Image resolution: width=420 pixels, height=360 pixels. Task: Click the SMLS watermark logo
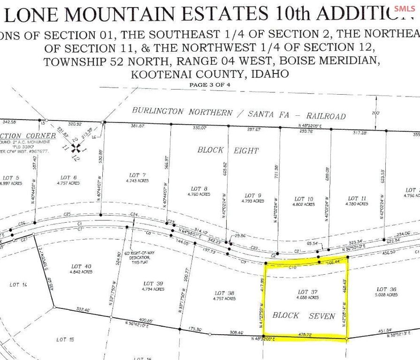point(405,8)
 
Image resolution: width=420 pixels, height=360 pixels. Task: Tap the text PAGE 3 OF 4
point(210,85)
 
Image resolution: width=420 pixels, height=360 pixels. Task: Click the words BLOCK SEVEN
point(304,315)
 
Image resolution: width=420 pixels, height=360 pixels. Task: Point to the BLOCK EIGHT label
point(228,150)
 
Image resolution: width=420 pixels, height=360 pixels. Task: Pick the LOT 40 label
point(81,266)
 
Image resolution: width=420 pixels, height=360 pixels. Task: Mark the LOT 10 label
point(304,199)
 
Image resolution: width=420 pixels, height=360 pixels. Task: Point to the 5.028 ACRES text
point(387,295)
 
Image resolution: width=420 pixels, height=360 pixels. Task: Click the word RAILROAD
point(326,116)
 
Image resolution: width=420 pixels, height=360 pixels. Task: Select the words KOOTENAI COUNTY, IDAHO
point(210,74)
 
